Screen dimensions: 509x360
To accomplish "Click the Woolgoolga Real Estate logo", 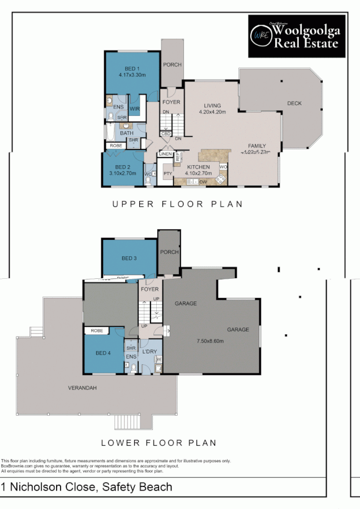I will tap(296, 36).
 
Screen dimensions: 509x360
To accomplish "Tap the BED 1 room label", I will tap(132, 71).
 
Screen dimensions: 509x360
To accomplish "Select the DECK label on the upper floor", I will tap(294, 103).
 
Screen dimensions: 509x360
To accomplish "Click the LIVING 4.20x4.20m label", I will tap(212, 109).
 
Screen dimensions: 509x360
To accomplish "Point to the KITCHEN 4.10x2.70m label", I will tap(199, 170).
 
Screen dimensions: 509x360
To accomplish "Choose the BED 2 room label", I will tap(123, 170).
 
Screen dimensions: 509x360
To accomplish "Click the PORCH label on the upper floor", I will tap(172, 64).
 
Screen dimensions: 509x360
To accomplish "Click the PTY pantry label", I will tap(168, 174).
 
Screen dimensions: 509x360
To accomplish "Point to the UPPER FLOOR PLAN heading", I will tap(177, 204).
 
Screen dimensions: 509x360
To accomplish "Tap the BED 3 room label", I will tap(129, 258).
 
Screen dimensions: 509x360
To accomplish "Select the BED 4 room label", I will tap(103, 353).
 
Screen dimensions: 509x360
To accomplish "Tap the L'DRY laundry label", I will tap(150, 352).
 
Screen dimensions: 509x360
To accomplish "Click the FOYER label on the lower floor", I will tap(150, 289).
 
